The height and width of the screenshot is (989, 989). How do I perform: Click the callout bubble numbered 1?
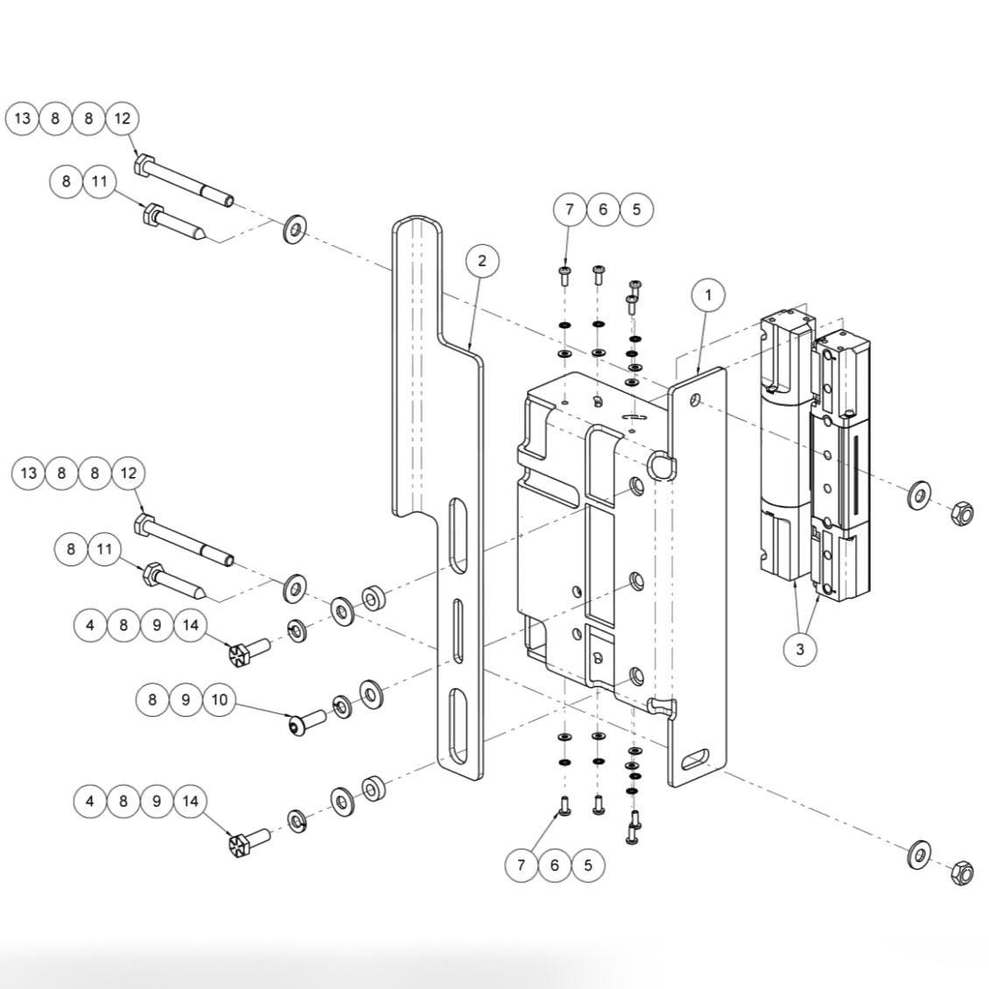coord(708,296)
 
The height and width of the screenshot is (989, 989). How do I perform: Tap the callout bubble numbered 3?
coord(799,650)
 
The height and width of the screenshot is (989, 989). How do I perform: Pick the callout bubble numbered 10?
coord(219,699)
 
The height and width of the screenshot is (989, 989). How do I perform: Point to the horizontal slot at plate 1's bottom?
coord(698,759)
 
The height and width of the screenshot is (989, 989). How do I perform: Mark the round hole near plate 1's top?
coord(695,400)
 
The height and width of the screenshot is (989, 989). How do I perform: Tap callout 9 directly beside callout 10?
coord(186,699)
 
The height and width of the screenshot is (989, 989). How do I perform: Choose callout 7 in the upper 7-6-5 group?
coord(570,209)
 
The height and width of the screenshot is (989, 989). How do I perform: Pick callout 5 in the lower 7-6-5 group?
coord(587,865)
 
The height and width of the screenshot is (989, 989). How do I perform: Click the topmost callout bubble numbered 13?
coord(22,118)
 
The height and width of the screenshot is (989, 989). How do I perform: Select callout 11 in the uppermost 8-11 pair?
coord(99,181)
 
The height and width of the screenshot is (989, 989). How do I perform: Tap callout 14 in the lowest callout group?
coord(190,801)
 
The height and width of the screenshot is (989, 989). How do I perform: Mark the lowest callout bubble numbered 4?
coord(90,801)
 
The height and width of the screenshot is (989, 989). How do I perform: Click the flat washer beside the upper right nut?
coord(919,494)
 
